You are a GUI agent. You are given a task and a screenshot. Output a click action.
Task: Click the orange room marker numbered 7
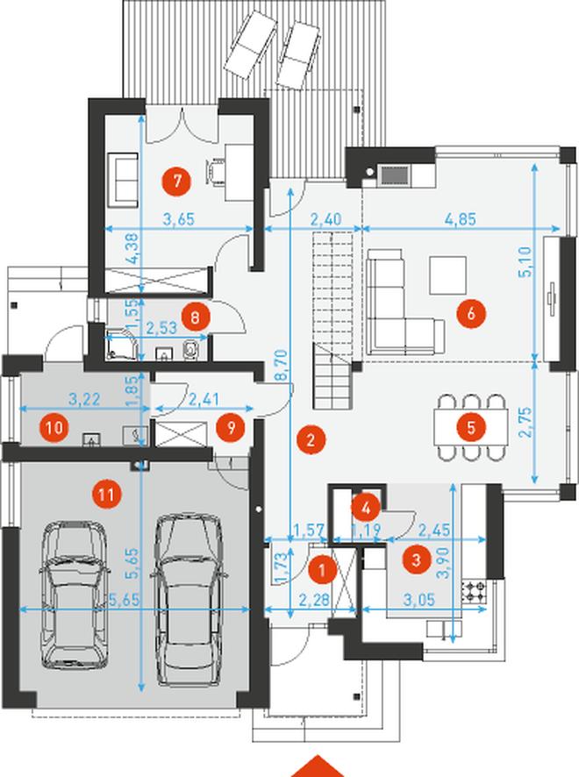click(x=176, y=181)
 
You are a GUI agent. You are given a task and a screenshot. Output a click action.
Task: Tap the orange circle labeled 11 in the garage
click(x=106, y=494)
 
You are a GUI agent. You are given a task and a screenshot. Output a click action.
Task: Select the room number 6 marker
click(x=471, y=313)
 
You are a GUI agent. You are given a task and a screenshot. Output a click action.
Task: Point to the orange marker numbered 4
click(x=366, y=508)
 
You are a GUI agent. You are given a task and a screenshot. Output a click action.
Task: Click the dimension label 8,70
click(x=281, y=366)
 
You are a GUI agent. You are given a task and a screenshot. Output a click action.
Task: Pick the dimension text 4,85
click(x=461, y=218)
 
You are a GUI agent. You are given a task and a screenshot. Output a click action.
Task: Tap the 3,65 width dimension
click(x=178, y=218)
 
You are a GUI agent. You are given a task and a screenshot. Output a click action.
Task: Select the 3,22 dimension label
click(x=84, y=399)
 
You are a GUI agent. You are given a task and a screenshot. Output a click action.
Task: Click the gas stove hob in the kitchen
click(x=475, y=591)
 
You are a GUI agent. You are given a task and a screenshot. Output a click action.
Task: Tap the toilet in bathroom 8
click(x=189, y=349)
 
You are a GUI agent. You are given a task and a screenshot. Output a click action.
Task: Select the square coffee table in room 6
click(x=447, y=275)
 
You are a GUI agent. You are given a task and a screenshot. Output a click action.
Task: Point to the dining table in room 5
click(x=471, y=427)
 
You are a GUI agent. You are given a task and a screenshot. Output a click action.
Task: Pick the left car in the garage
click(x=75, y=593)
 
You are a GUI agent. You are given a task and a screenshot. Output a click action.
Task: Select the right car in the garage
click(x=189, y=600)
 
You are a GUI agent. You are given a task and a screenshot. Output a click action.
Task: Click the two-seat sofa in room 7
click(x=123, y=180)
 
